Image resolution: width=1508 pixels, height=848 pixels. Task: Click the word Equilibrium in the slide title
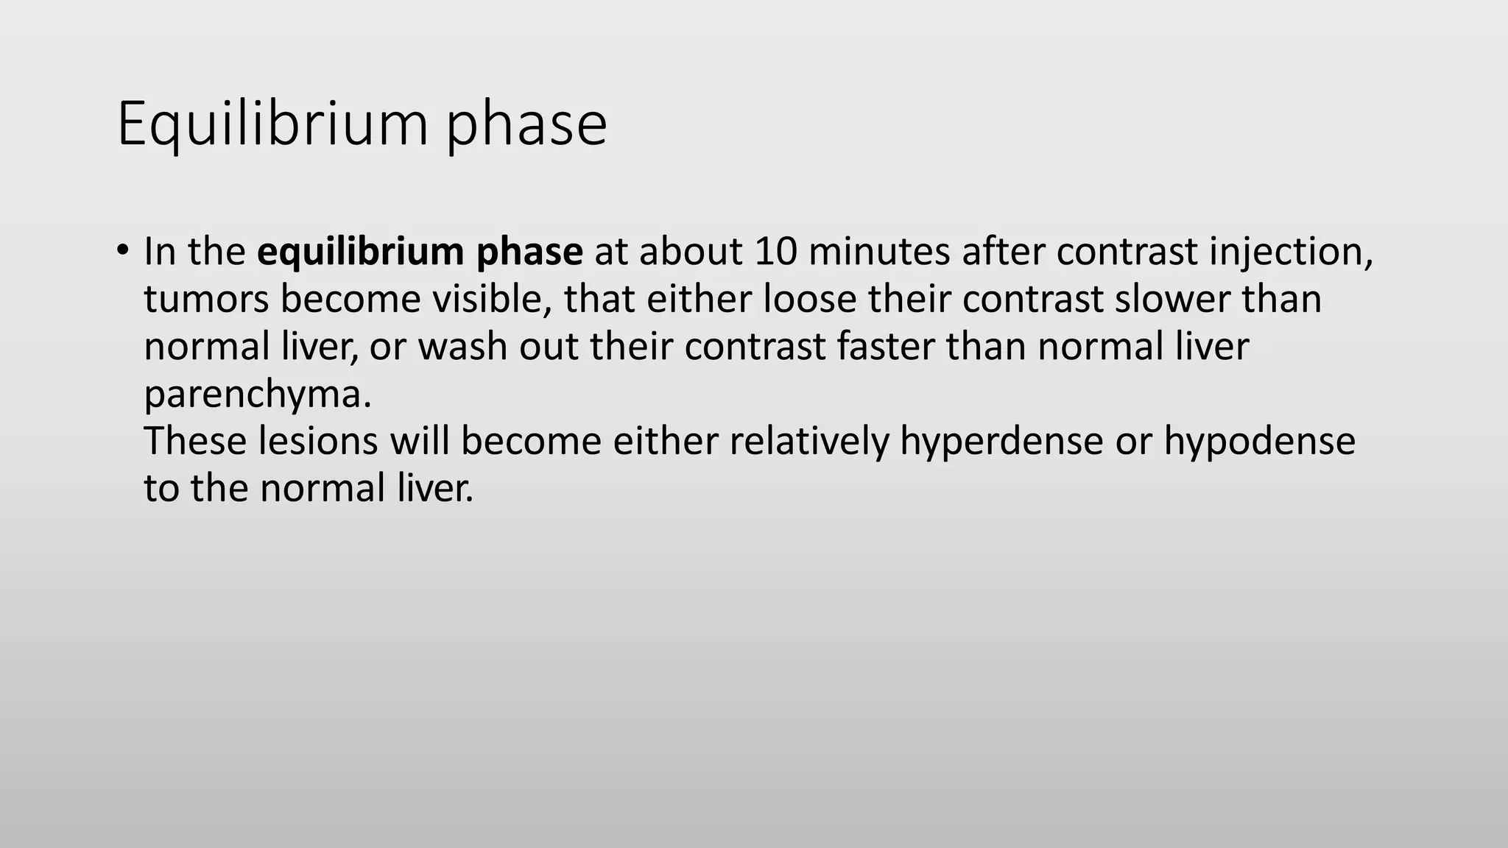tap(272, 124)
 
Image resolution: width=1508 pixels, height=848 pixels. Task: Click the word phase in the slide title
tap(526, 124)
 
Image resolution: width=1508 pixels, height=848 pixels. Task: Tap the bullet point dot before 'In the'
tap(122, 249)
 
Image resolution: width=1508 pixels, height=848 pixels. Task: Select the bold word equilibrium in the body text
tap(359, 252)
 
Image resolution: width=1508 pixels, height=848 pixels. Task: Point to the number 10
tap(775, 252)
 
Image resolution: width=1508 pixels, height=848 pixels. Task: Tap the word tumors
tap(205, 299)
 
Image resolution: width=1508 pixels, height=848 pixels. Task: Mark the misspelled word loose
tap(809, 299)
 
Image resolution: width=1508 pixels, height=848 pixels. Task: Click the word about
tap(690, 252)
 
